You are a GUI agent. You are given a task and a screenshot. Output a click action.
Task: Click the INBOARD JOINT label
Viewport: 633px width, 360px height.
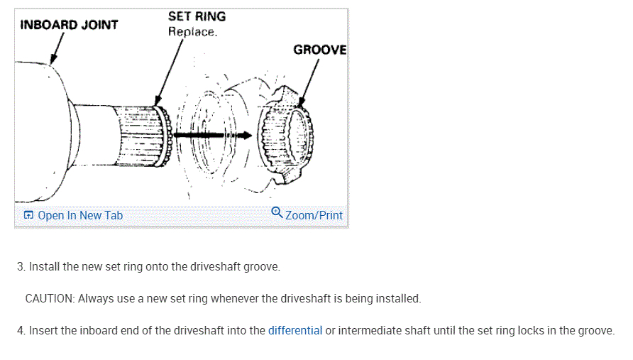(x=70, y=25)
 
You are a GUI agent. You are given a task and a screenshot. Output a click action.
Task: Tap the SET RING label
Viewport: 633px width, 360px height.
(x=197, y=16)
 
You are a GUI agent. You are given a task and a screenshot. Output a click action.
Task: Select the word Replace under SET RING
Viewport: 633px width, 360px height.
(x=192, y=32)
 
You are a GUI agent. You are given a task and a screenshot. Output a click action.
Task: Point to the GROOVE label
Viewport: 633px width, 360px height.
(x=319, y=50)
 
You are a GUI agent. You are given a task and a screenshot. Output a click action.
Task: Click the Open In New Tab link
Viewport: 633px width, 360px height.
(x=79, y=215)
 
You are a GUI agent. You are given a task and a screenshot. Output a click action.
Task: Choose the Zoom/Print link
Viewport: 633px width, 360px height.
(x=314, y=215)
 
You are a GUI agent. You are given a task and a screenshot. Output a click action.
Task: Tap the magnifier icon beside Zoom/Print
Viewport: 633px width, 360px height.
(x=277, y=213)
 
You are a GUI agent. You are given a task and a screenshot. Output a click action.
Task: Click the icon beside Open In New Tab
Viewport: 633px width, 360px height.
(x=28, y=215)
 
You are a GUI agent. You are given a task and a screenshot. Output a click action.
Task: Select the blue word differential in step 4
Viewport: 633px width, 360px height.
(x=295, y=330)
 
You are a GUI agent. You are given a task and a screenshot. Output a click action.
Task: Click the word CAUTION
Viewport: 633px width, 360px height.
(x=49, y=298)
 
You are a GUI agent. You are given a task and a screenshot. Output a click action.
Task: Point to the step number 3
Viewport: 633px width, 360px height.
(x=21, y=267)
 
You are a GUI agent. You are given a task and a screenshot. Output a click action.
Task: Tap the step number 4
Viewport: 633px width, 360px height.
(x=21, y=330)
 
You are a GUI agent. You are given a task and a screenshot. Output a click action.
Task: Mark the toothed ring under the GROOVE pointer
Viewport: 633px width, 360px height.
(x=287, y=138)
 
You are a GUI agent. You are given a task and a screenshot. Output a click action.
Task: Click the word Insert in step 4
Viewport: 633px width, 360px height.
(x=43, y=330)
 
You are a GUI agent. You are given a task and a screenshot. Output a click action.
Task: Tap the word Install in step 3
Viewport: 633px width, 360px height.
(x=44, y=267)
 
